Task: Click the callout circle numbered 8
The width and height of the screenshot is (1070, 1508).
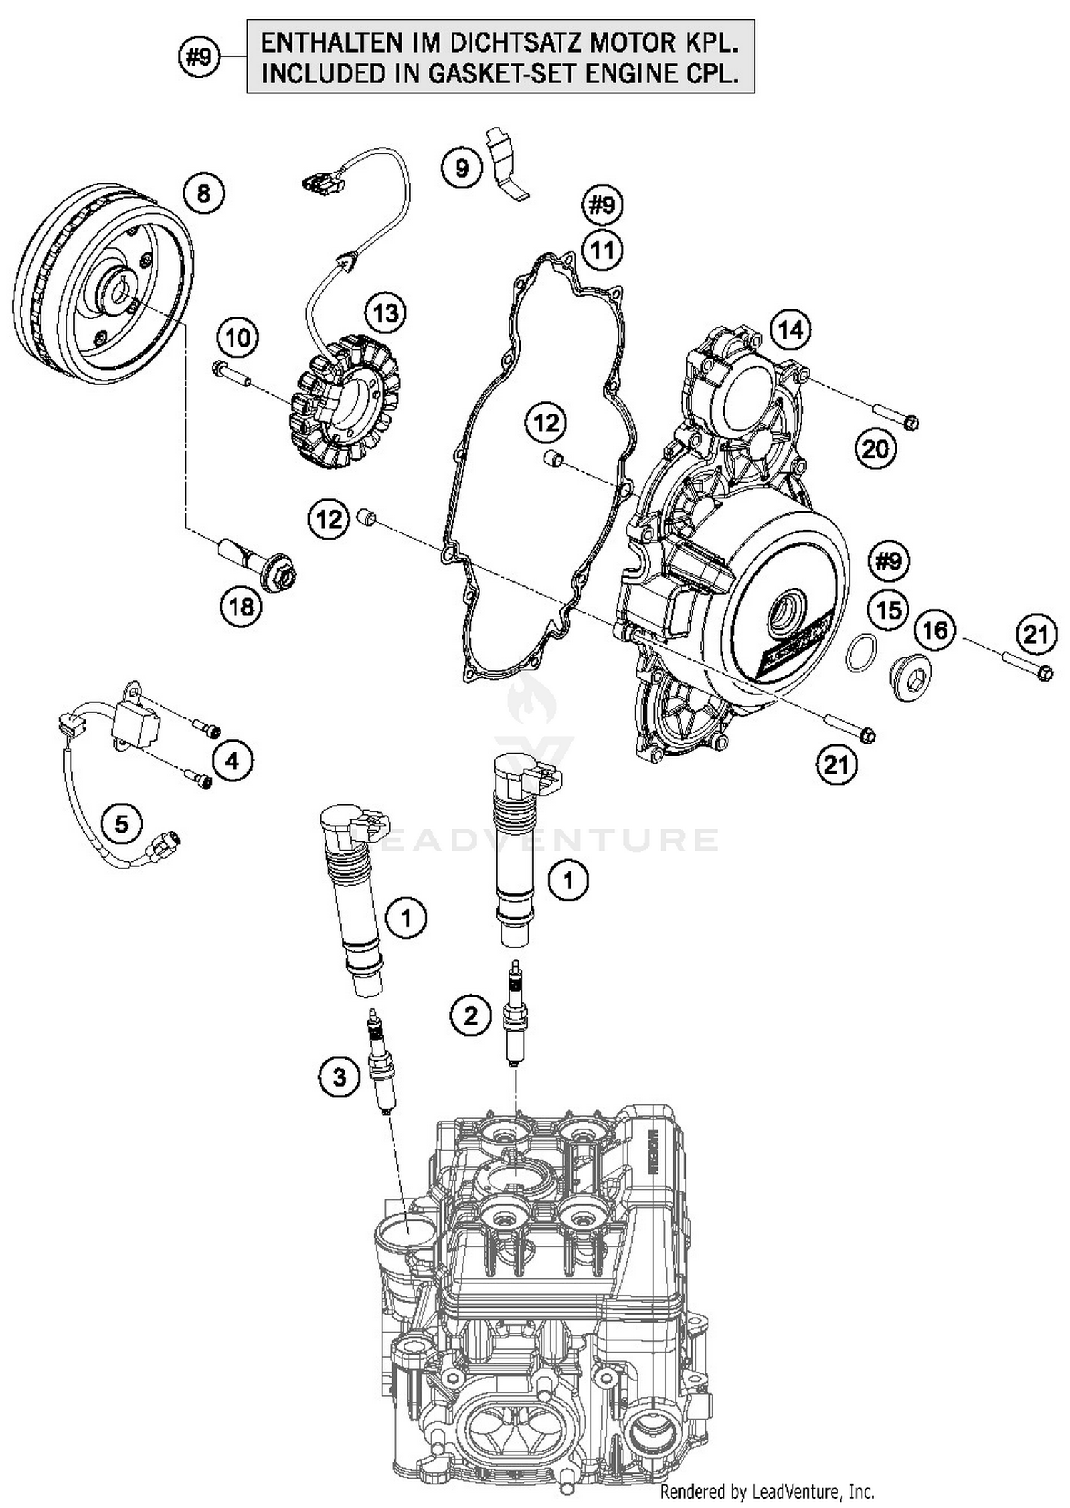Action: (203, 193)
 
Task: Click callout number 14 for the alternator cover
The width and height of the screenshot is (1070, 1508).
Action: (790, 330)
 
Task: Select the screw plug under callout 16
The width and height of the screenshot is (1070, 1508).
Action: (912, 677)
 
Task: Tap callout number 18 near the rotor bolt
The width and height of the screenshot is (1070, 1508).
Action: (241, 607)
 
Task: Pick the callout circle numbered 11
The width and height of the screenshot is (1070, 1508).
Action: (602, 250)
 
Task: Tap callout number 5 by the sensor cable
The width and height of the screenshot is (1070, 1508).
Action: (121, 824)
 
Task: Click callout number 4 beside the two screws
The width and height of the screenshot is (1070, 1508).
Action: (233, 761)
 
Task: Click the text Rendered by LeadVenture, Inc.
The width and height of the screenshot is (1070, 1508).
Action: (767, 1492)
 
